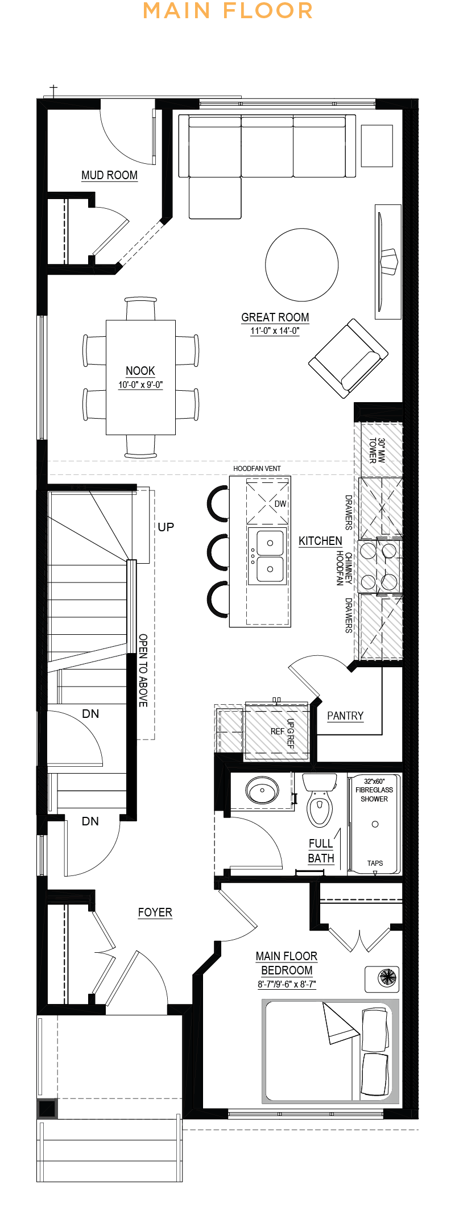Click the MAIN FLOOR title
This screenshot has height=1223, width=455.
point(227,11)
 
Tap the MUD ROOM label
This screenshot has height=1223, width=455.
point(109,175)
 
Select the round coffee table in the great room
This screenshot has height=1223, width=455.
point(301,265)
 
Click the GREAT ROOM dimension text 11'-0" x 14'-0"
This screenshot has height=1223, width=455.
point(275,331)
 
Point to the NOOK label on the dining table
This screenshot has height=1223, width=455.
point(140,371)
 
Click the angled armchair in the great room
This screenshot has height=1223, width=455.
point(348,358)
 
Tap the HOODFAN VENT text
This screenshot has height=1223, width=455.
point(257,469)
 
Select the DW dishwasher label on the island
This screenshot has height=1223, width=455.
point(280,504)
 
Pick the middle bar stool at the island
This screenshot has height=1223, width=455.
point(217,552)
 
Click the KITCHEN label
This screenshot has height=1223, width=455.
point(320,541)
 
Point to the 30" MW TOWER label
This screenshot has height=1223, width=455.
point(377,450)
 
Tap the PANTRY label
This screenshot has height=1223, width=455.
point(345,716)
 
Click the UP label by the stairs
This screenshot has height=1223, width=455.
point(166,527)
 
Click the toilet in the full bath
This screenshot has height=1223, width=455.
point(319,801)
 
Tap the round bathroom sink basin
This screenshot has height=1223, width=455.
point(262,790)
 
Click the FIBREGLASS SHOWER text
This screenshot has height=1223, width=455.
point(374,794)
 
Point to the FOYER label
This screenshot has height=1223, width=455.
point(155,912)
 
